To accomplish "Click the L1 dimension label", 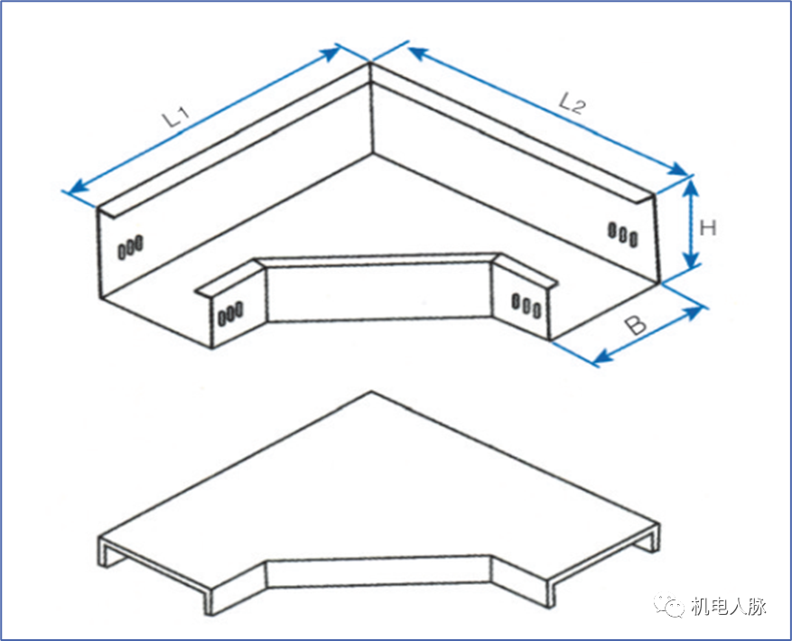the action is (x=176, y=116).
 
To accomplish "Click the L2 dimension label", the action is (x=573, y=103).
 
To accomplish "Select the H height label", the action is (x=708, y=228).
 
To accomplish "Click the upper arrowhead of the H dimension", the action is (x=692, y=188).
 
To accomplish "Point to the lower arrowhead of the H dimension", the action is (x=692, y=258).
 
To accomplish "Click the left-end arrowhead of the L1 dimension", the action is (x=79, y=187).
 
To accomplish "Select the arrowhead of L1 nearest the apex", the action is (x=331, y=52).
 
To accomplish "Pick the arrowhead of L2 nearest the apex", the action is (x=418, y=52).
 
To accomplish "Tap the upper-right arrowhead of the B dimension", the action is (x=693, y=312).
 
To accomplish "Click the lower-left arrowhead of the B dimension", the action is (x=602, y=356).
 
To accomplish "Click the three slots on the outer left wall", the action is (x=131, y=247).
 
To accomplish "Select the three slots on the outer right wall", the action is (x=623, y=235).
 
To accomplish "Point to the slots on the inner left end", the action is (x=230, y=313).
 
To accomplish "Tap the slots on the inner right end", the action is (x=526, y=305).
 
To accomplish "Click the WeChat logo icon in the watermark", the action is (x=669, y=605).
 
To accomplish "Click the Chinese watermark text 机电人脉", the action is (x=729, y=606).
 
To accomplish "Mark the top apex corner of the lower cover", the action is (x=372, y=392).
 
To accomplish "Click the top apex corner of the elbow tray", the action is (x=371, y=62).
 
